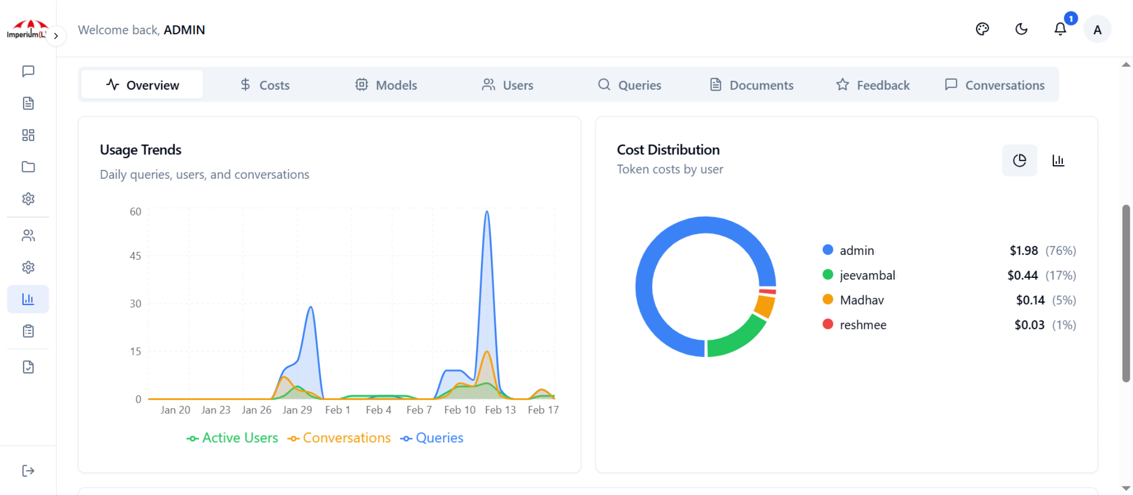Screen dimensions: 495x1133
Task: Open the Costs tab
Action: pyautogui.click(x=265, y=85)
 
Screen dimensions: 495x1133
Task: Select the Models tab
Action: pyautogui.click(x=386, y=85)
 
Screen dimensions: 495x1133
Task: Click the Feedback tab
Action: pyautogui.click(x=873, y=85)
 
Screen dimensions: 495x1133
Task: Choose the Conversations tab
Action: pyautogui.click(x=995, y=85)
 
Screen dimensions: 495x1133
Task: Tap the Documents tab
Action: pyautogui.click(x=751, y=85)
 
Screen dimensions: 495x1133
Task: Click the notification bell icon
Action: pyautogui.click(x=1060, y=29)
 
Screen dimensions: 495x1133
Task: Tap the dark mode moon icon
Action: pyautogui.click(x=1021, y=29)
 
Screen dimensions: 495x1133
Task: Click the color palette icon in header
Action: pyautogui.click(x=982, y=29)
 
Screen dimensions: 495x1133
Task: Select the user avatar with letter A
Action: pyautogui.click(x=1097, y=30)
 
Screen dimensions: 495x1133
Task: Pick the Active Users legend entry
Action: pyautogui.click(x=232, y=438)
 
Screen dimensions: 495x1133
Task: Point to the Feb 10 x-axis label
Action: pyautogui.click(x=459, y=410)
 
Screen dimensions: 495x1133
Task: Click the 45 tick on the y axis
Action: pyautogui.click(x=135, y=256)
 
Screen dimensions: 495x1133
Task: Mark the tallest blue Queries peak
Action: pyautogui.click(x=487, y=212)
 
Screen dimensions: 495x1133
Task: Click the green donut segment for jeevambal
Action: pyautogui.click(x=737, y=338)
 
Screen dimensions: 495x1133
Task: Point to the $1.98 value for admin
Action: pyautogui.click(x=1023, y=251)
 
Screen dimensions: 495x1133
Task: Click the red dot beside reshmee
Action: pyautogui.click(x=828, y=324)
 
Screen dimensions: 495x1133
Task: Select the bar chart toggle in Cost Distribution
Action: pyautogui.click(x=1058, y=160)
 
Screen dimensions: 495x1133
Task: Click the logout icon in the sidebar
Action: pyautogui.click(x=28, y=470)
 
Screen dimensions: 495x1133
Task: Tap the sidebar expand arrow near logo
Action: pyautogui.click(x=56, y=36)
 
